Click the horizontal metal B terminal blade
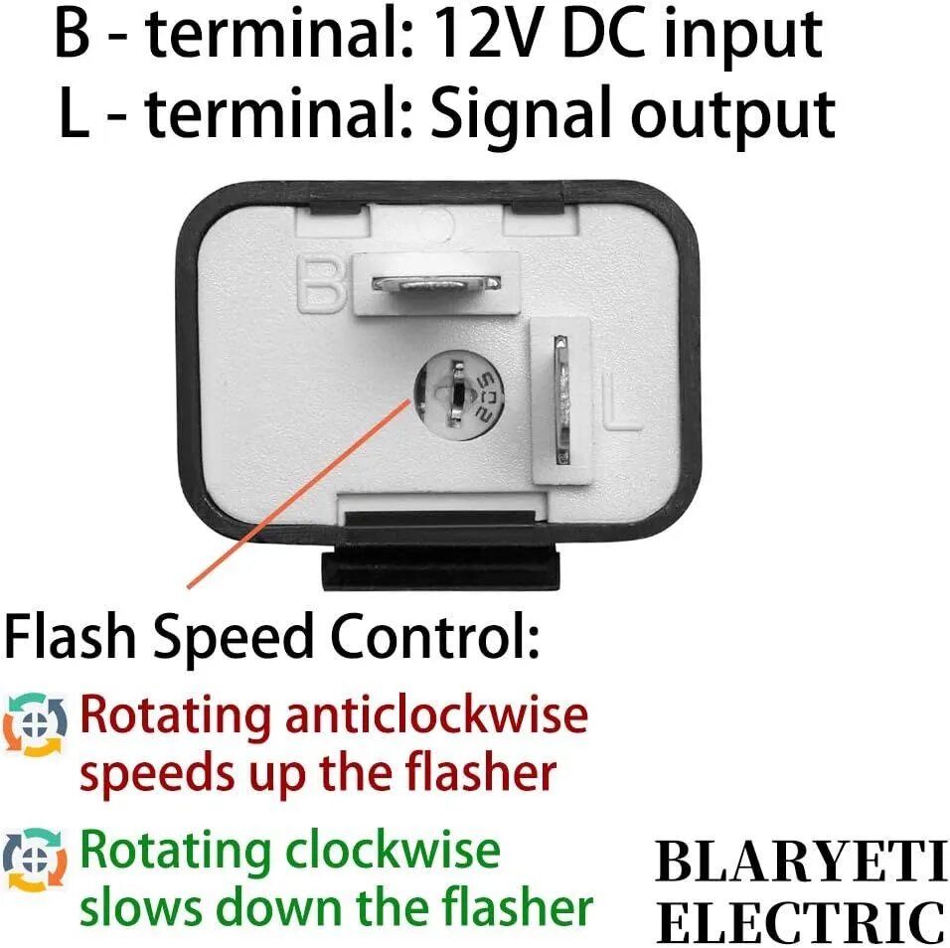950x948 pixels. [435, 283]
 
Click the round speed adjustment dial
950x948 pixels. [458, 395]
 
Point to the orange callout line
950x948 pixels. [298, 492]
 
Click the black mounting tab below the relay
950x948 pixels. [440, 567]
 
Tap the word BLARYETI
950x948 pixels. [800, 863]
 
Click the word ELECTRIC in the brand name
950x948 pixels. [800, 922]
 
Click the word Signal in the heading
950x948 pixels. [520, 117]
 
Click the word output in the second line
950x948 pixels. [733, 117]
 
